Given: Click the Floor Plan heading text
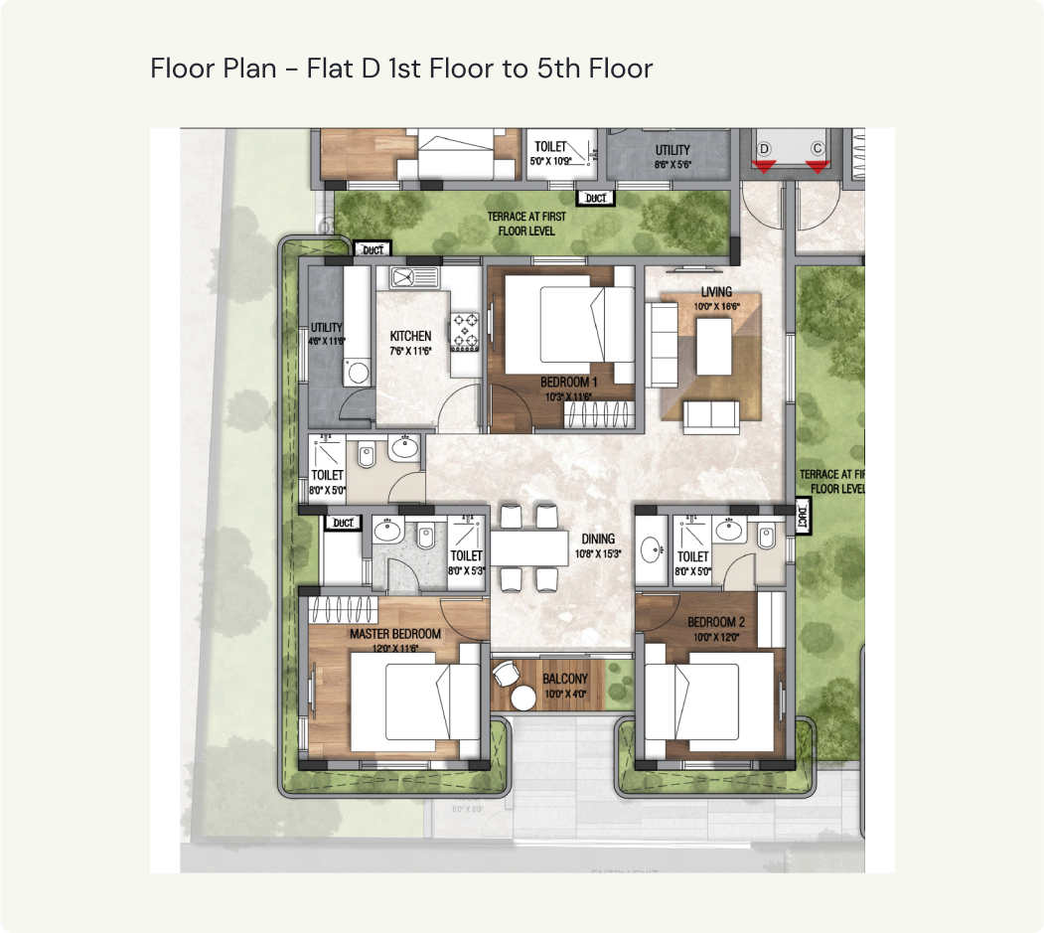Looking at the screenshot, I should coord(401,69).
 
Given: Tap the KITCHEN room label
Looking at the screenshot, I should coord(410,336).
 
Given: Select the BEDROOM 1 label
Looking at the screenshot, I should coord(568,382).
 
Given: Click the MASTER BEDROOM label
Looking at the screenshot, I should coord(394,633).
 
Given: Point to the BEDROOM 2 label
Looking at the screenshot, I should coord(716,623).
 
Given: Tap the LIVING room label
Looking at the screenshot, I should coord(716,292).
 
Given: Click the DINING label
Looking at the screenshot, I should coord(599,539).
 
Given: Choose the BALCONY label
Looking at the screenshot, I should coord(565,680).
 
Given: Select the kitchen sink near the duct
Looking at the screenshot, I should coord(409,274).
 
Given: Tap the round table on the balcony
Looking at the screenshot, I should coord(523,698).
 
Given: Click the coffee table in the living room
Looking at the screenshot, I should coord(713,347).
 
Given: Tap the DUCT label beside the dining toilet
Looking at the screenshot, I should coord(804,516).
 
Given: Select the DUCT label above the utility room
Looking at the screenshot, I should coord(373,248).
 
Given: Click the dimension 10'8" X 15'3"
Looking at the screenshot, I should coord(599,553).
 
